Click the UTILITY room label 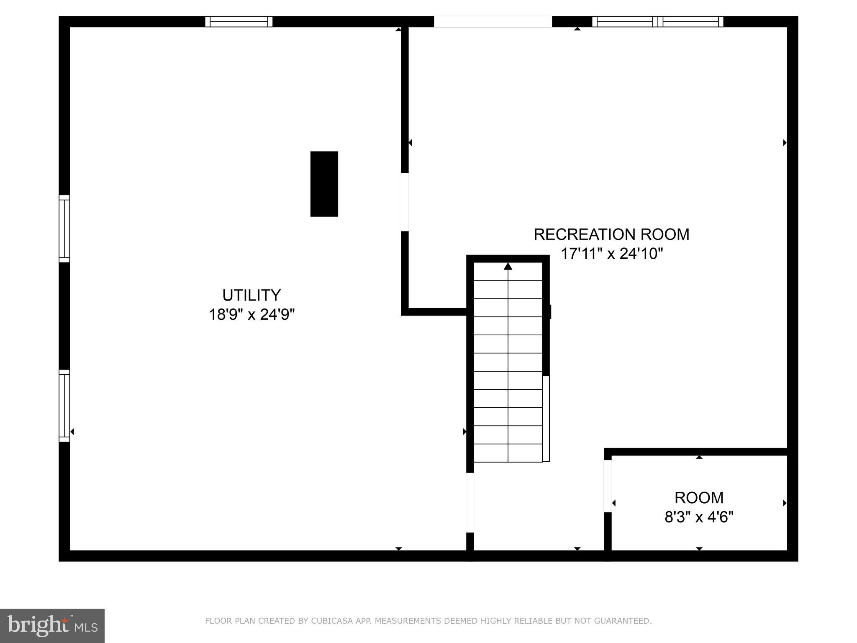coord(251,295)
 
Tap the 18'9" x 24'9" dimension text coord(251,314)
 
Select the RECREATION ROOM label coord(611,234)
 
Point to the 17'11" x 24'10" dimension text coord(611,254)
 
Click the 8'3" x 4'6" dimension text coord(699,517)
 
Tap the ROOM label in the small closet coord(699,498)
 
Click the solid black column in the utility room coord(324,184)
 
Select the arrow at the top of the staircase coord(508,266)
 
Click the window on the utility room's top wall coord(239,21)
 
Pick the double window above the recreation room coord(657,21)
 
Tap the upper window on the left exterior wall coord(64,229)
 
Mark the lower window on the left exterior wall coord(64,405)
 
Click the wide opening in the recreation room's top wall coord(493,21)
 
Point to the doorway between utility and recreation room coord(405,202)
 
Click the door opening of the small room coord(608,486)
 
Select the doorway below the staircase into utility coord(470,502)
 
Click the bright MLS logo coord(52,625)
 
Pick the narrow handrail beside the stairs coord(546,419)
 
